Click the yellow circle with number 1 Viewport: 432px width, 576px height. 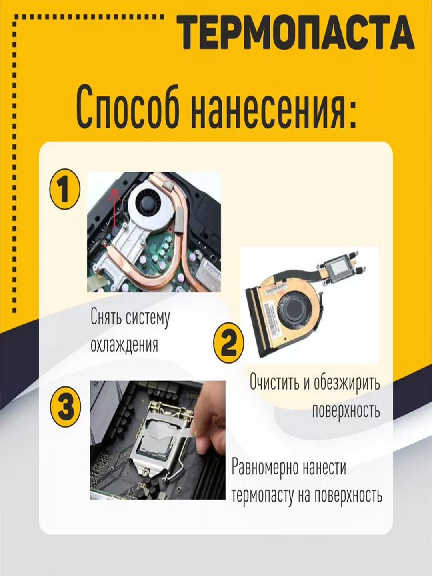(64, 190)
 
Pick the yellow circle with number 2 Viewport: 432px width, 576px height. (228, 342)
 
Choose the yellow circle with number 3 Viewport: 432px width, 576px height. (66, 408)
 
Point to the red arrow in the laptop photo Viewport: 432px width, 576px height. (114, 208)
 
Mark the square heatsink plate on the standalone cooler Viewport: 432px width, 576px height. (337, 270)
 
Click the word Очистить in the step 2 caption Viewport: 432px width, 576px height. (275, 382)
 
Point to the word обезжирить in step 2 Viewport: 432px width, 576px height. (346, 382)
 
